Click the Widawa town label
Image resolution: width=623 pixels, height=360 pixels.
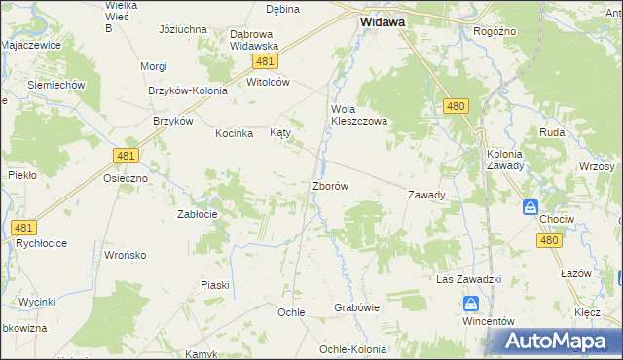click(384, 20)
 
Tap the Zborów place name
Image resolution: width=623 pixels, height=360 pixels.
click(330, 185)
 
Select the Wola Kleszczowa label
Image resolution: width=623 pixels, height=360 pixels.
click(359, 115)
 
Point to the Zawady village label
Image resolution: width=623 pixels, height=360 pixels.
click(426, 195)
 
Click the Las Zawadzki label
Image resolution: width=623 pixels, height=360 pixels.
click(467, 279)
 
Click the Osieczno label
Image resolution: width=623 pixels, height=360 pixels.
click(126, 178)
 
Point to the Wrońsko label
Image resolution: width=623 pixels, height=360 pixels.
click(125, 255)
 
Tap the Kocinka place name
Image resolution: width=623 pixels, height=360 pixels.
click(235, 133)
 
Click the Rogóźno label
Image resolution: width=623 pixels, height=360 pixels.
click(494, 31)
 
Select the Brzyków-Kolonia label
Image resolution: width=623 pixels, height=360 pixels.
click(188, 90)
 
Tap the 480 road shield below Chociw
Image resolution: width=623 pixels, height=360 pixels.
click(549, 241)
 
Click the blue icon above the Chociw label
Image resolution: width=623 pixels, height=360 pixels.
click(531, 207)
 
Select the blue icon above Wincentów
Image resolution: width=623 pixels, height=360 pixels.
click(470, 305)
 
